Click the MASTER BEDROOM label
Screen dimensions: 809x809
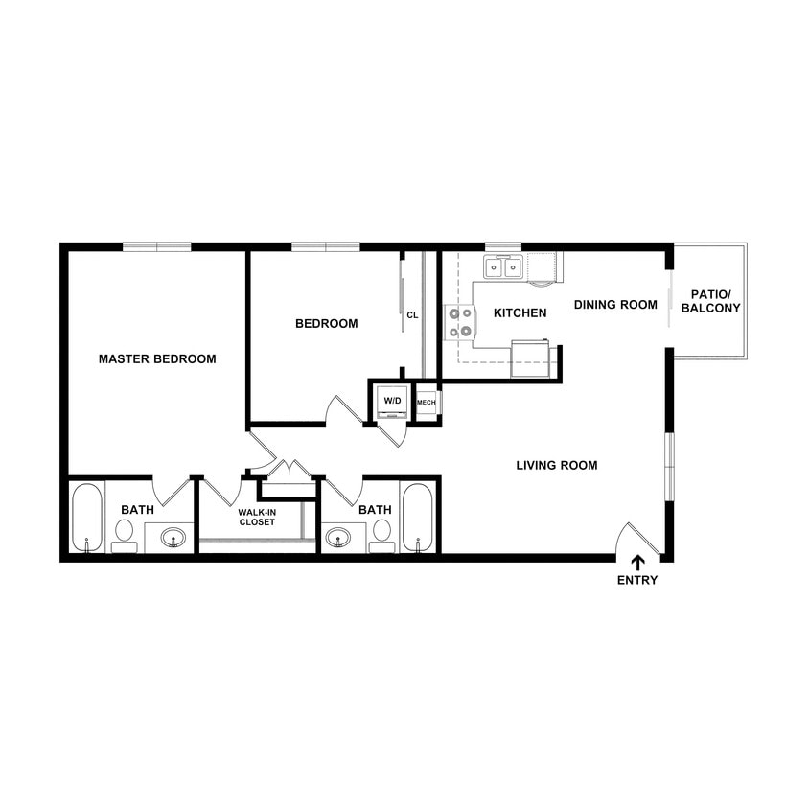pyautogui.click(x=157, y=359)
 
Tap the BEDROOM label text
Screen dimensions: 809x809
pyautogui.click(x=326, y=324)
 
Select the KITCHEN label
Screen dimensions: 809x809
pyautogui.click(x=520, y=313)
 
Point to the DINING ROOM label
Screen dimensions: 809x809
pyautogui.click(x=615, y=305)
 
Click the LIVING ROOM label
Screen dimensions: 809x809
pyautogui.click(x=556, y=466)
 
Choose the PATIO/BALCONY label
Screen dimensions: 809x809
pyautogui.click(x=715, y=301)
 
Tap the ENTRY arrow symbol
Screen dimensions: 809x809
pyautogui.click(x=637, y=564)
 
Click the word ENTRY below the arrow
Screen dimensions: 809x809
pyautogui.click(x=637, y=581)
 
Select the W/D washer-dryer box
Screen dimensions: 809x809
pyautogui.click(x=393, y=402)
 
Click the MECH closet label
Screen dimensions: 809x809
pyautogui.click(x=427, y=403)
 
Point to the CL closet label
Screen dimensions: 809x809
pyautogui.click(x=412, y=315)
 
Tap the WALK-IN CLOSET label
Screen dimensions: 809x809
pyautogui.click(x=257, y=517)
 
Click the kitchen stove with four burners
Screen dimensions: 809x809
pyautogui.click(x=460, y=322)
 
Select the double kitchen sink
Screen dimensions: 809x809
pyautogui.click(x=503, y=267)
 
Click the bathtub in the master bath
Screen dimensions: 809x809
pyautogui.click(x=86, y=518)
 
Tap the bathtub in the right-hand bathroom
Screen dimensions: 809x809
pyautogui.click(x=417, y=518)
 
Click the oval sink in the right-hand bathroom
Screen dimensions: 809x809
pyautogui.click(x=337, y=538)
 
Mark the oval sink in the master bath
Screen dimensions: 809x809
pyautogui.click(x=173, y=538)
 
